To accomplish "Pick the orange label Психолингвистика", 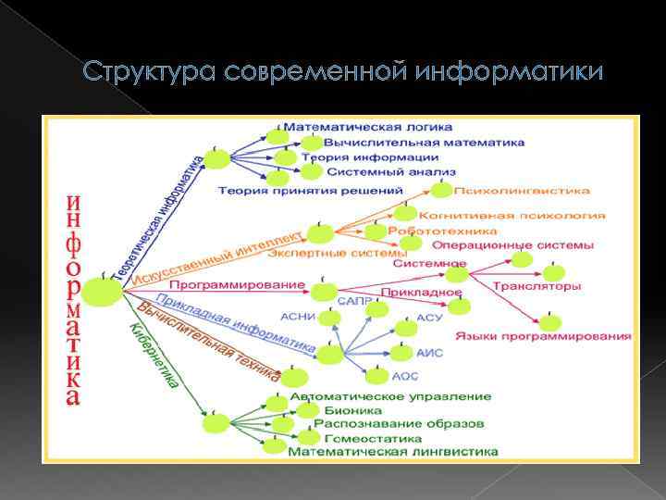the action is pos(522,192).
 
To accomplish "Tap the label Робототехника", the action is pos(430,230).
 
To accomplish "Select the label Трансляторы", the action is pos(536,286).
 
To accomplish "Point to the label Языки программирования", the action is pos(542,335).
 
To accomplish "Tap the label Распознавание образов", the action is pos(399,424).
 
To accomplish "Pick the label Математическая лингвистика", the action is pos(393,452).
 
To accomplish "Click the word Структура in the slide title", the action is pos(136,71).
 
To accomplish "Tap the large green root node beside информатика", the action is pos(103,294).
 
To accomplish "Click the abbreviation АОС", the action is pos(404,377).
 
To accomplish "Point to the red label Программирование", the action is pos(237,283).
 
